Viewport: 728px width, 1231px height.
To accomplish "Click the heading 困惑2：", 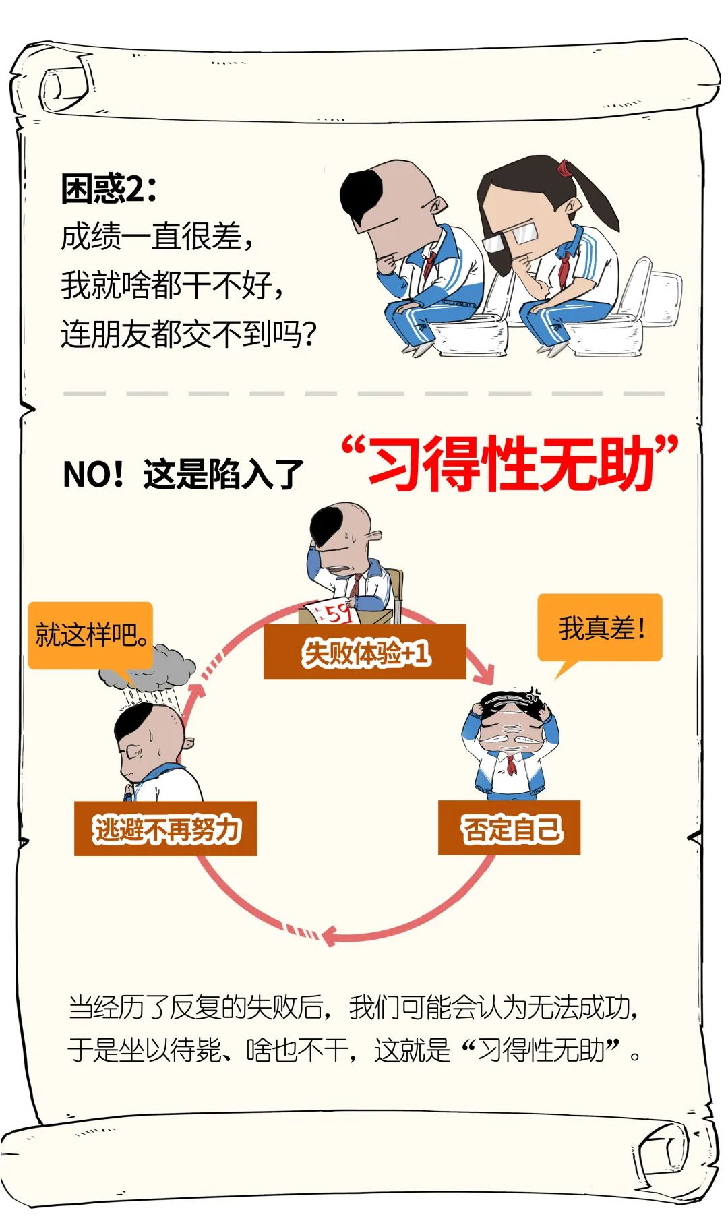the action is pyautogui.click(x=109, y=189).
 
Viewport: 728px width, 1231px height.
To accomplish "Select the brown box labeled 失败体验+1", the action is pyautogui.click(x=365, y=651).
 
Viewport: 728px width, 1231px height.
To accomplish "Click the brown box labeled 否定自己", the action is pyautogui.click(x=509, y=828).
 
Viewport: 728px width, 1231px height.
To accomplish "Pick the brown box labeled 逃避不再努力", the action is pyautogui.click(x=165, y=829).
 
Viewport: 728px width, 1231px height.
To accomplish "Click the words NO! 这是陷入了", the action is pyautogui.click(x=183, y=475).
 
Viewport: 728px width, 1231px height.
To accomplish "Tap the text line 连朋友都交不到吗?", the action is pyautogui.click(x=188, y=334).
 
